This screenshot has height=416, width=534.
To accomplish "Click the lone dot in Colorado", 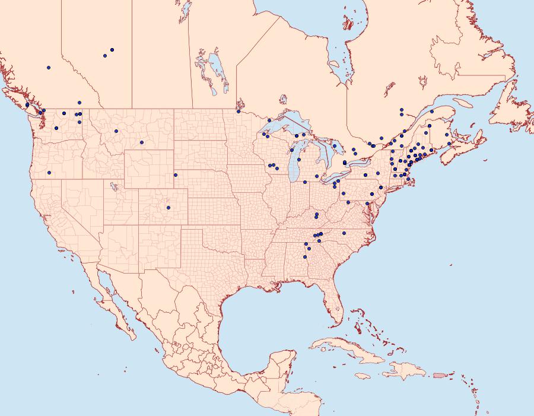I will (x=169, y=208).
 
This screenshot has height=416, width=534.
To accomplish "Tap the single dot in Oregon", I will (x=49, y=173).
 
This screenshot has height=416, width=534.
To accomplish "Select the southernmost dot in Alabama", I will (x=305, y=257).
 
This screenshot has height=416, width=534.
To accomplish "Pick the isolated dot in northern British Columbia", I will (x=49, y=68).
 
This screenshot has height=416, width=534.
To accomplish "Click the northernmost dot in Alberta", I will (x=112, y=50).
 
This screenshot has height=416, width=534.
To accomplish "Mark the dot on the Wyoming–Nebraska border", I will (x=175, y=175).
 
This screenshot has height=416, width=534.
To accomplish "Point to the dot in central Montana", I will (x=142, y=142).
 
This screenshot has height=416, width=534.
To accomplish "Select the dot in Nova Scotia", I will (x=450, y=144).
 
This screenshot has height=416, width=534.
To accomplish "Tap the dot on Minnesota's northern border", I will (x=239, y=111).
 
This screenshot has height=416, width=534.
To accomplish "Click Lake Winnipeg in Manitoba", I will (x=217, y=71).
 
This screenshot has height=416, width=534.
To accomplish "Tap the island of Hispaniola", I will (x=406, y=371).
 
